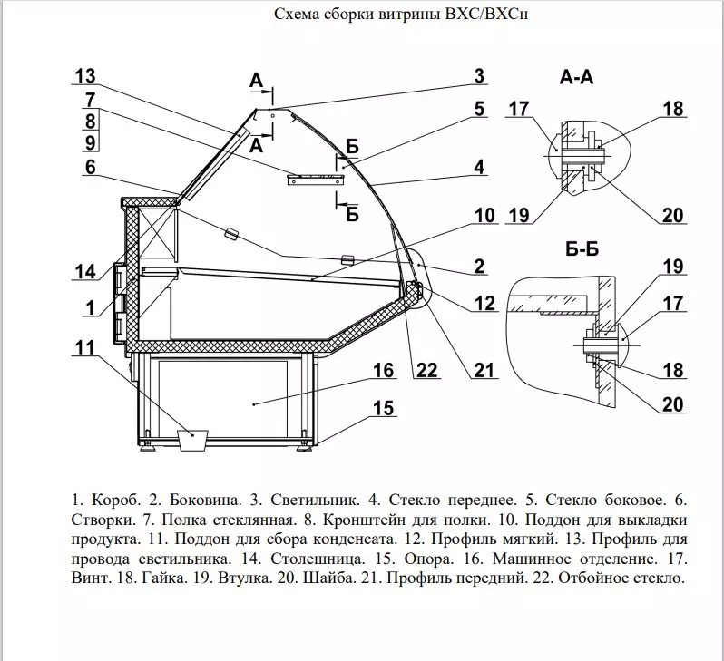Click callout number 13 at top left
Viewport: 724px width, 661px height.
85,75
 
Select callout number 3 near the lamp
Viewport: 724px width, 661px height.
478,76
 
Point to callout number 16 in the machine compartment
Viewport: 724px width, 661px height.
383,370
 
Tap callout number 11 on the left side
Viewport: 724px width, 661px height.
84,346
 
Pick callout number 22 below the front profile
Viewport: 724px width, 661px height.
427,370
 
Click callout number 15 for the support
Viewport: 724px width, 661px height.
383,408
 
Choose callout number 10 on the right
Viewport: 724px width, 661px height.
484,216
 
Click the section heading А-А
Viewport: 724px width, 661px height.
576,78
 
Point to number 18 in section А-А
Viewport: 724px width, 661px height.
671,109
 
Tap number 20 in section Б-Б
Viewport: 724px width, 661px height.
671,404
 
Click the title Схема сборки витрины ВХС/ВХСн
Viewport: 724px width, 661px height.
400,15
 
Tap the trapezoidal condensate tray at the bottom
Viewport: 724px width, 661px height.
193,441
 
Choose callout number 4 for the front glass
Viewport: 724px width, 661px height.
478,167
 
